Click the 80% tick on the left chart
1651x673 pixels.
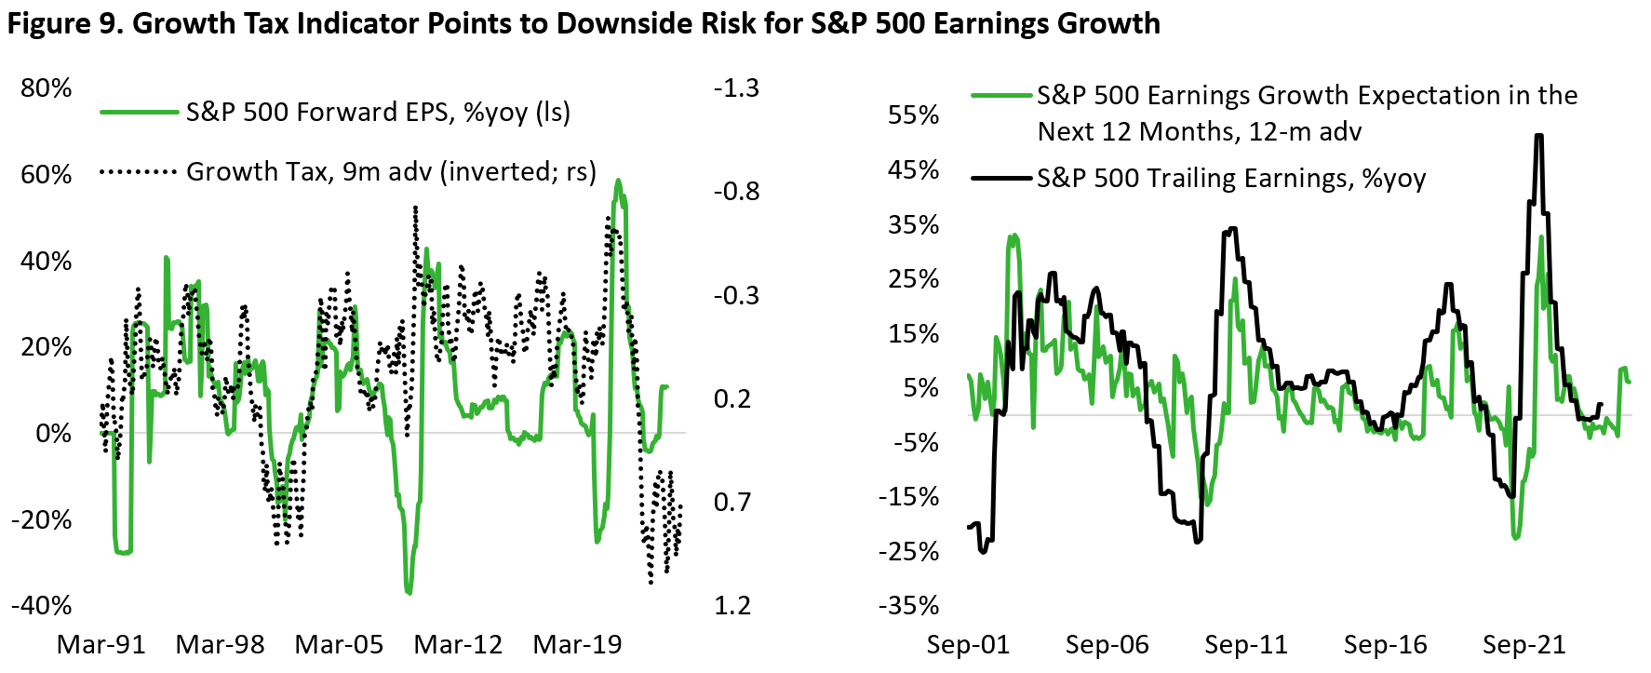47,88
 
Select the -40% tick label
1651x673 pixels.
41,606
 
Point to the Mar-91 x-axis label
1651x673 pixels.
101,645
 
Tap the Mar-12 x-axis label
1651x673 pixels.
458,645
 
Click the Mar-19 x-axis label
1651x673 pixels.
577,645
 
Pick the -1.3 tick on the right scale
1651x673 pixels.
736,88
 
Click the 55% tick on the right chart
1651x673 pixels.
914,115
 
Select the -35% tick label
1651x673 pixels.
908,606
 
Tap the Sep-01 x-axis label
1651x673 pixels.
968,645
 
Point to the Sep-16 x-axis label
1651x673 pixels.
1386,645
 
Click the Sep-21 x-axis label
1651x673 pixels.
1524,645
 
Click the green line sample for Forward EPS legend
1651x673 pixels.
139,113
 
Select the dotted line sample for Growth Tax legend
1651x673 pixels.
139,172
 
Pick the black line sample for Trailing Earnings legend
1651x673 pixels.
1003,178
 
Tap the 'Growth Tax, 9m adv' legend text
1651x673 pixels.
391,172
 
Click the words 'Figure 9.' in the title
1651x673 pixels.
65,23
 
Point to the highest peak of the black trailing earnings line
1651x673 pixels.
1539,136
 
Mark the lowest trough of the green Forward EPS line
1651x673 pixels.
409,592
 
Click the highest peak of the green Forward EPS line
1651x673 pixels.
618,181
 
